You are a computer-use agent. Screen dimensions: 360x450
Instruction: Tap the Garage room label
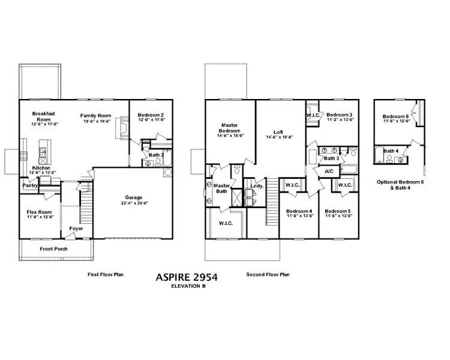tap(134, 197)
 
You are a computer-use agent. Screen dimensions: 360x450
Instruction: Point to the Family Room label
tap(97, 115)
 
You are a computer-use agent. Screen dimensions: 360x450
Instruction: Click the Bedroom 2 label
tap(151, 115)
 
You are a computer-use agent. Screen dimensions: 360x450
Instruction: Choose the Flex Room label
tap(40, 212)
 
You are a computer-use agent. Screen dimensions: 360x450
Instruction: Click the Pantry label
tap(30, 186)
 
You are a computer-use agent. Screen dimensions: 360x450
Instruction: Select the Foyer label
tap(76, 229)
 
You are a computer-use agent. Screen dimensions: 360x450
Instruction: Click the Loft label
tap(278, 131)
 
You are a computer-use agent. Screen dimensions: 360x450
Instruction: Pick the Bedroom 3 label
tap(339, 114)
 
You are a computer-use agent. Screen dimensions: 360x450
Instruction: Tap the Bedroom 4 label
tap(298, 211)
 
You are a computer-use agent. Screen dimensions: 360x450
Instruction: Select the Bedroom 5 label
tap(338, 211)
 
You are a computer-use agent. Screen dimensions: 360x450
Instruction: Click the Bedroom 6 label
tap(395, 116)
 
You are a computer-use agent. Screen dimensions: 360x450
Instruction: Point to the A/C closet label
tap(329, 172)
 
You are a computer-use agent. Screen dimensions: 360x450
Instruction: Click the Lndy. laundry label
tap(257, 186)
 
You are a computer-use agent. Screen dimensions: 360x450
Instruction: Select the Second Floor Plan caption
tap(268, 275)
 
